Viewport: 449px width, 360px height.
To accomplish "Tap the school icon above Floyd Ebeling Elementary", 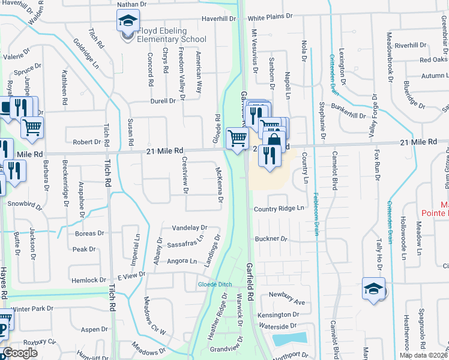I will [128, 21].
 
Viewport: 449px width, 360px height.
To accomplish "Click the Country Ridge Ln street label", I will [279, 209].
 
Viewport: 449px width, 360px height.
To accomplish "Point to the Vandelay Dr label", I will [189, 228].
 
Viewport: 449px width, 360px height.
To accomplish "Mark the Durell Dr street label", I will [163, 101].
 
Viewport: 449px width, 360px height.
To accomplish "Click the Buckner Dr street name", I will [272, 239].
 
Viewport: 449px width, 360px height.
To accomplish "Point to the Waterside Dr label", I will [279, 326].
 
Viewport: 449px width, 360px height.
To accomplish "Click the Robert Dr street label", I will [86, 142].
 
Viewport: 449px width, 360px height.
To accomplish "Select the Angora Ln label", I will [182, 261].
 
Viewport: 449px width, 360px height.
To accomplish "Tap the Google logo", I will [20, 353].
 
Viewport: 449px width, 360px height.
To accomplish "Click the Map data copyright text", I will [423, 355].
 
